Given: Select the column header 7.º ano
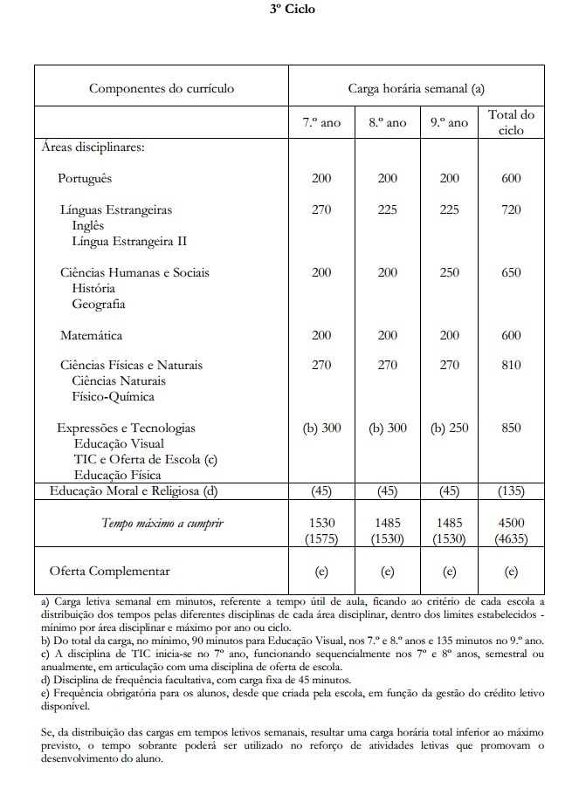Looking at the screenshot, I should coord(321,123).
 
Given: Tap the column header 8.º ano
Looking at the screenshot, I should coord(387,123).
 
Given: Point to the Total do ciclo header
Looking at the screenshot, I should coord(512,122).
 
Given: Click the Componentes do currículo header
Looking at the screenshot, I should coord(162,88).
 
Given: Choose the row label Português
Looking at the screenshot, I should coord(86,178).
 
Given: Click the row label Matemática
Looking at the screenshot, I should coord(91,335).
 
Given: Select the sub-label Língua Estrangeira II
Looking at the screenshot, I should coord(129,241).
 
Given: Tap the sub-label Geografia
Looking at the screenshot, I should coord(99,304).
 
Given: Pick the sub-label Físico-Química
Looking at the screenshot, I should coord(113,396).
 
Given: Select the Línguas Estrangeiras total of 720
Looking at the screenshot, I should coord(512,209).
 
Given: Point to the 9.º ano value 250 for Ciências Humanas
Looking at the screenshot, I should coord(450,272).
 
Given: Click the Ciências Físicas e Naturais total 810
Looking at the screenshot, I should coord(512,365).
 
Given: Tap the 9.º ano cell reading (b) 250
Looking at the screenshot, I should coord(450,428).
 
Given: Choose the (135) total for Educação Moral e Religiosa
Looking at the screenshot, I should coord(512,490).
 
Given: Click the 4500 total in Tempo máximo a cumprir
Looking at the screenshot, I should coord(512,522).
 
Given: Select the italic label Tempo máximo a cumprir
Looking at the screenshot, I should coord(162,523).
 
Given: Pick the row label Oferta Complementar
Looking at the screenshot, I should coord(109,572).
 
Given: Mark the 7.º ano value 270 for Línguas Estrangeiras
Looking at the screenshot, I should coord(321,209).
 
